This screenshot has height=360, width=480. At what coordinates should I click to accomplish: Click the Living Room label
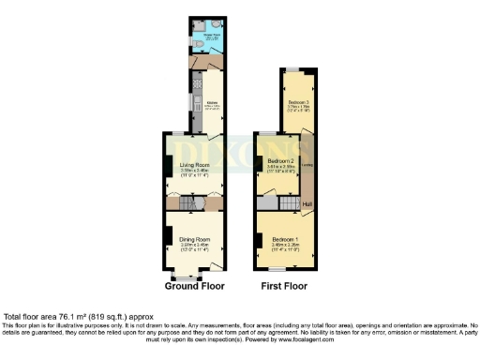(x=194, y=166)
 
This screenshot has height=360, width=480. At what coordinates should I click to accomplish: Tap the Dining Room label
(x=194, y=240)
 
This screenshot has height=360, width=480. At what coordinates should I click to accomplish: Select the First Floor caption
(x=284, y=286)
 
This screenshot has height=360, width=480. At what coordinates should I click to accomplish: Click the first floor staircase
(x=269, y=202)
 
